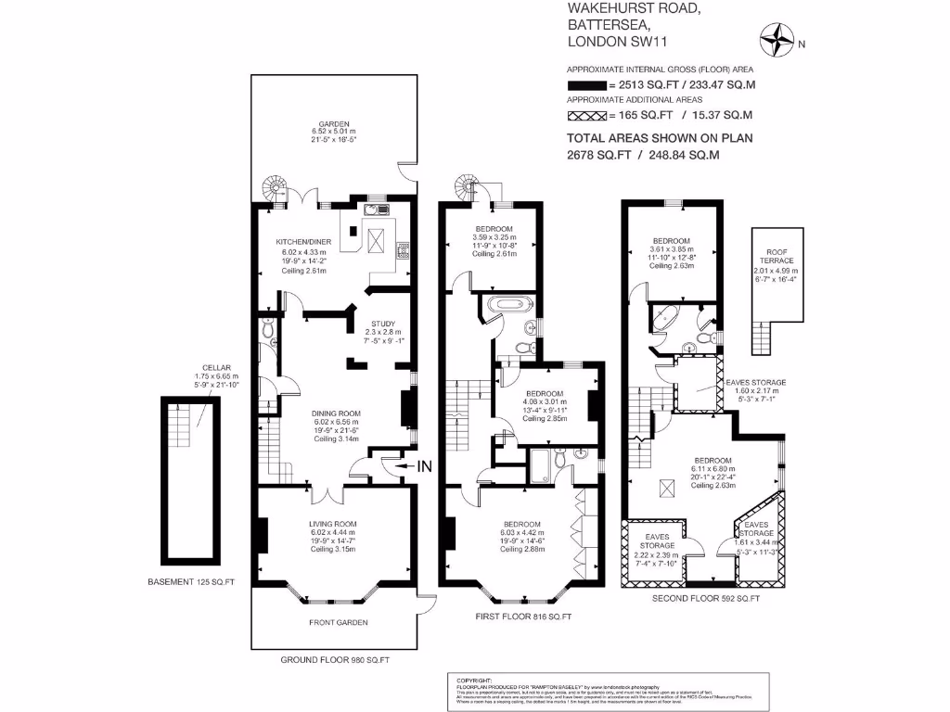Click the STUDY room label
383,324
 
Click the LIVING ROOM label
332,524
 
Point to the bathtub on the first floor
508,304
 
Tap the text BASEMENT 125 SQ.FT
191,582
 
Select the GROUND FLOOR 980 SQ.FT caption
334,660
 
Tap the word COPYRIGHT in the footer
473,679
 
